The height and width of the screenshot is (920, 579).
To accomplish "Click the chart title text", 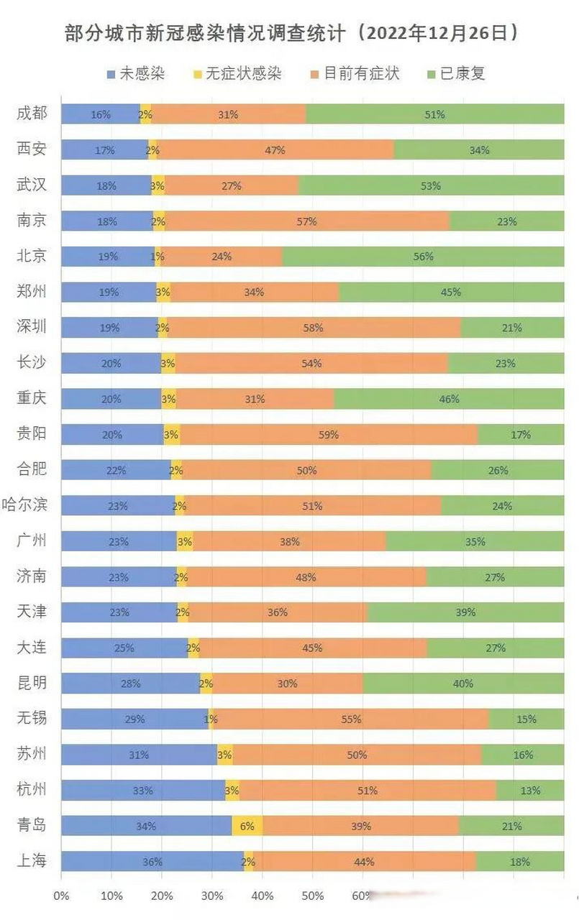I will pos(291,33).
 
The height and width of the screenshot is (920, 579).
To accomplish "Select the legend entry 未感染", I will pos(136,73).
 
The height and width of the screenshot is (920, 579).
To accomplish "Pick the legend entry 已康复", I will pos(456,73).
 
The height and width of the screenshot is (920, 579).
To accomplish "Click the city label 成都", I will pos(32,114).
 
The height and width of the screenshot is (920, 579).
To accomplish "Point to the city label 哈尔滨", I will pos(26,505).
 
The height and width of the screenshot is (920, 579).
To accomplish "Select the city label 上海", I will pos(32,861).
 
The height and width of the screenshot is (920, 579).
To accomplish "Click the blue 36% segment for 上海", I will pos(152,861).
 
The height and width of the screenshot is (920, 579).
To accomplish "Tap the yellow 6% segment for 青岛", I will pos(247,826).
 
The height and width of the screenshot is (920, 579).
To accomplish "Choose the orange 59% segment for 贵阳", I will pos(329,434).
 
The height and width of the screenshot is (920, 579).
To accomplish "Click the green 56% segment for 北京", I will pos(424,257).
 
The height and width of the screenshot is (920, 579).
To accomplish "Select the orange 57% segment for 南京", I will pos(307,221).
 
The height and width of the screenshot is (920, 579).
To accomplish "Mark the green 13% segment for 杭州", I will pos(530,790).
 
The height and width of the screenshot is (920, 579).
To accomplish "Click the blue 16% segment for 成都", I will pos(101,114).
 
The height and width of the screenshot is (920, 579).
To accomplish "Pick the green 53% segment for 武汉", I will pos(431,185).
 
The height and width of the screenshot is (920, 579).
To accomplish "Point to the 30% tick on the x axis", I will pos(212,896).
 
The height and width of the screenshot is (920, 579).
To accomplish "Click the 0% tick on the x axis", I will pos(61,896).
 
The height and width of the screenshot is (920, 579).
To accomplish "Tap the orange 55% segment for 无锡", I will pos(351,719).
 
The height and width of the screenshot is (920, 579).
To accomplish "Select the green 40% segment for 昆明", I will pos(463,684).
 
